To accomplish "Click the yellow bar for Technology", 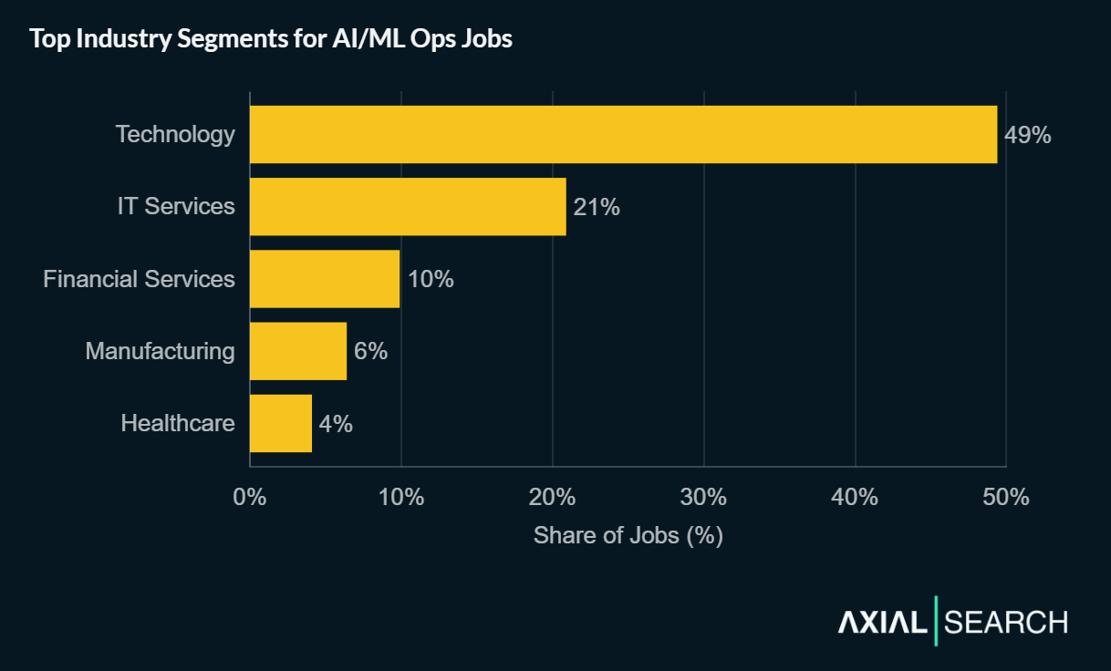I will (x=623, y=134).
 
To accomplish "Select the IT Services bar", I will (x=408, y=207).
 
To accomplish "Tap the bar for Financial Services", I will (x=325, y=279).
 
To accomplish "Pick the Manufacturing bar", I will (x=298, y=351).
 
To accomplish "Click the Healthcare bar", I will (x=281, y=423).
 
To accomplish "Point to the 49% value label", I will (x=1028, y=135).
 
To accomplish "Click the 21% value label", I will (x=597, y=208).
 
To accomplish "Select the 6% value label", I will (x=371, y=351).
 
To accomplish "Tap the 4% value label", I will (x=336, y=424).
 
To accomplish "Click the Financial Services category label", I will (x=139, y=279).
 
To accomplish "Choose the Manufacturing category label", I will (x=160, y=351).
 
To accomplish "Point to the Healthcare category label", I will (x=178, y=423).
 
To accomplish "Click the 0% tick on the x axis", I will (x=250, y=497).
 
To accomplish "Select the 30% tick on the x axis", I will (x=704, y=497).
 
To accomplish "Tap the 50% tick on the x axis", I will (x=1006, y=497).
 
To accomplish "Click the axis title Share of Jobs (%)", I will (x=628, y=535).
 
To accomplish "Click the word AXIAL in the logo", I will (x=882, y=623).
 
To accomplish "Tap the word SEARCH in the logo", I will (x=1006, y=623).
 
